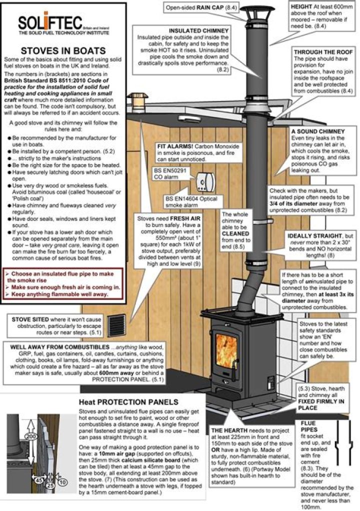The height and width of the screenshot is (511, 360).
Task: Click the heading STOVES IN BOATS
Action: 62,50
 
